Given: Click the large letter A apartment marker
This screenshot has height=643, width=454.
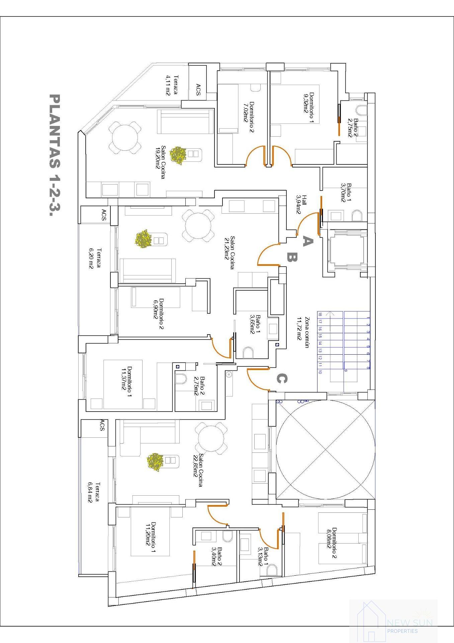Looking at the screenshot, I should click(x=307, y=240).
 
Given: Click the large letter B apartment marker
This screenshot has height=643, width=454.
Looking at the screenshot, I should click(x=292, y=257).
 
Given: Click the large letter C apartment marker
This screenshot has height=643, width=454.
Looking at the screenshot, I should click(x=282, y=379).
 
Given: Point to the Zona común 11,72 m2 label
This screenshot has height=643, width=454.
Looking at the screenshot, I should click(x=302, y=333).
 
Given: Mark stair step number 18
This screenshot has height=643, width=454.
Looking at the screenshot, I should click(x=320, y=314).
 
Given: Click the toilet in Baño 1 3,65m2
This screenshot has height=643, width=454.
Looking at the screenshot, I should click(x=248, y=352).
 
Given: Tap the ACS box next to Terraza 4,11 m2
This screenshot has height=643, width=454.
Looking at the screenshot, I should click(x=198, y=90).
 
